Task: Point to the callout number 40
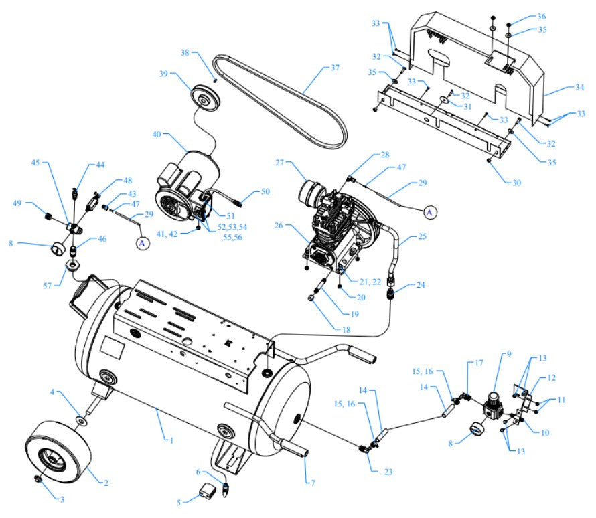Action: click(x=157, y=134)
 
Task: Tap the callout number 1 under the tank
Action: click(x=171, y=440)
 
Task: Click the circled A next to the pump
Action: click(x=431, y=211)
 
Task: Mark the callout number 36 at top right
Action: click(x=542, y=16)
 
